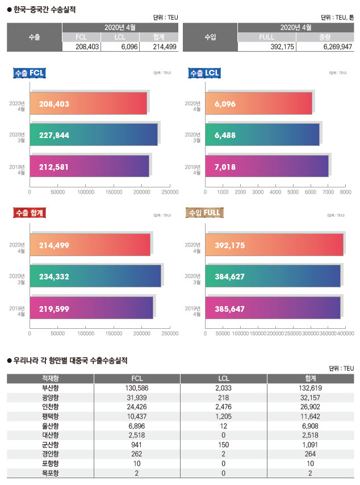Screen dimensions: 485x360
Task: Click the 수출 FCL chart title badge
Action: (x=29, y=73)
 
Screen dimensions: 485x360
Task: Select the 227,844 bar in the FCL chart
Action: (x=94, y=135)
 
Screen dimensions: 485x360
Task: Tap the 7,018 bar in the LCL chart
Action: (x=267, y=166)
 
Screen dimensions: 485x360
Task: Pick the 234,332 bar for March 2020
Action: (x=95, y=276)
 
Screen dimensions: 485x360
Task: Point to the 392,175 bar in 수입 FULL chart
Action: (x=274, y=245)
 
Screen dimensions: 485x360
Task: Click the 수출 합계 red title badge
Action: (x=29, y=213)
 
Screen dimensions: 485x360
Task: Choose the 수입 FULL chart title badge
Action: (x=203, y=213)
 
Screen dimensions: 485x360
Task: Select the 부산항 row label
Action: (x=51, y=388)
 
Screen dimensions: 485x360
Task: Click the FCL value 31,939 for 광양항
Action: (x=137, y=396)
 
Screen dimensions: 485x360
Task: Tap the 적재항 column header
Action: (x=51, y=379)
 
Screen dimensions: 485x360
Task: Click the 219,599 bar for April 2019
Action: (x=91, y=307)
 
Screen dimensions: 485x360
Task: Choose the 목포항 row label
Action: (x=51, y=473)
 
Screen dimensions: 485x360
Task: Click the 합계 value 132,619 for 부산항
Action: (x=309, y=388)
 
